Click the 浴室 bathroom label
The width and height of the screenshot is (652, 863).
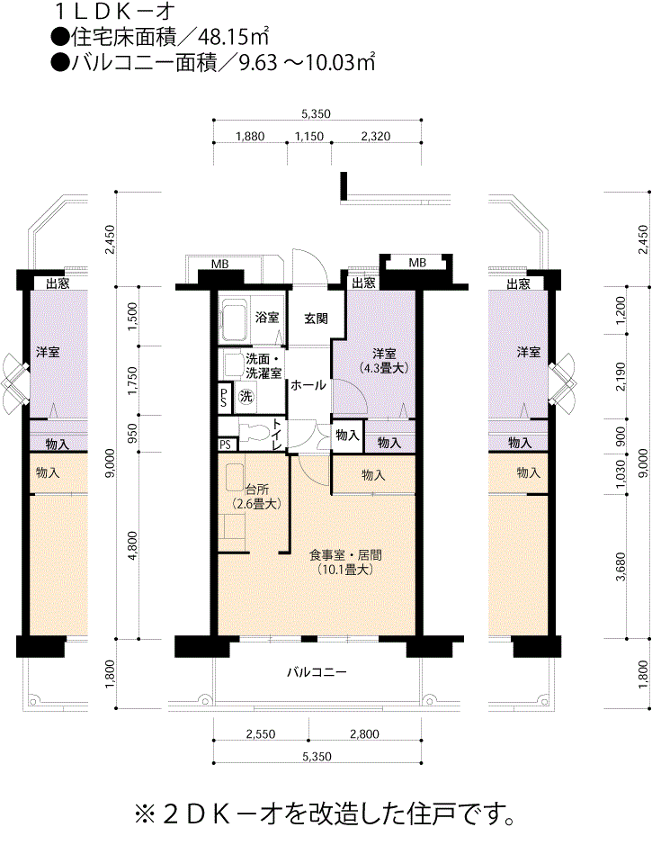[267, 318]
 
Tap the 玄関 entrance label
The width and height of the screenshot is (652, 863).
[316, 319]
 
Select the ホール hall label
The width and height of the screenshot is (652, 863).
[308, 385]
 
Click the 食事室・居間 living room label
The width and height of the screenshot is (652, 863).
[345, 555]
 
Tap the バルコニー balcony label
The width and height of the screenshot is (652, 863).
[317, 672]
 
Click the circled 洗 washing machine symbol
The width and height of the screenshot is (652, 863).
[246, 396]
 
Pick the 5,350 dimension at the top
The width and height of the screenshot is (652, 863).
[317, 114]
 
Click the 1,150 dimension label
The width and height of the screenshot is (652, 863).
[309, 136]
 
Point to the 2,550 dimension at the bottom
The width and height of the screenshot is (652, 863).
[261, 733]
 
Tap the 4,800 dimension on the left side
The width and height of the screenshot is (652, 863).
[132, 545]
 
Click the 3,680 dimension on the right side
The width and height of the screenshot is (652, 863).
[621, 568]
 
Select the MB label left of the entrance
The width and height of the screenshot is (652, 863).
[220, 265]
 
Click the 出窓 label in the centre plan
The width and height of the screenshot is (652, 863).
[363, 283]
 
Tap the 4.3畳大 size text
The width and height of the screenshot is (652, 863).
[383, 368]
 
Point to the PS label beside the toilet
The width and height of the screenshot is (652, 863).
[225, 445]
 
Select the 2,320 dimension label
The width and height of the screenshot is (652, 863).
[376, 136]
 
